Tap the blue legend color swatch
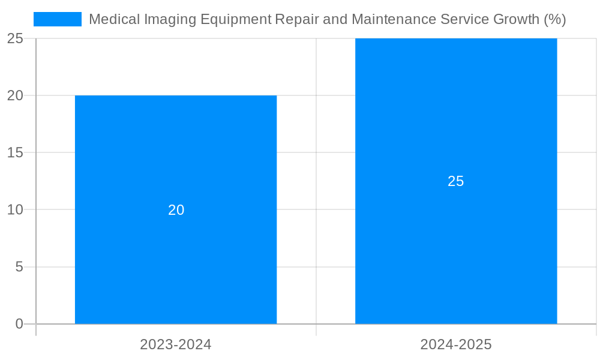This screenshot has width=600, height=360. (x=58, y=19)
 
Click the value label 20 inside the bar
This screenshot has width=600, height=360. (x=176, y=210)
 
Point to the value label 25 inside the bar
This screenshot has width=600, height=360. (x=456, y=181)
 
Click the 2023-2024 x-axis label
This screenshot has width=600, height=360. (x=176, y=344)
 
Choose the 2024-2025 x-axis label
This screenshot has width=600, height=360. (x=456, y=344)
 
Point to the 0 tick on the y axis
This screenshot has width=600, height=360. (x=19, y=324)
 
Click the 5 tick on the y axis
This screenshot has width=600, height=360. (x=19, y=267)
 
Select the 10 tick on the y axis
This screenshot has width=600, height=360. (x=15, y=210)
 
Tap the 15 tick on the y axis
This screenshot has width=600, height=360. (x=15, y=152)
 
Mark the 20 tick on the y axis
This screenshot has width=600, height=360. (x=15, y=95)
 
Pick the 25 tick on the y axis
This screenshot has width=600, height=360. (x=15, y=38)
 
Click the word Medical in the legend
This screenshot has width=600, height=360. (x=112, y=19)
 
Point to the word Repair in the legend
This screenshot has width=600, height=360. (x=296, y=20)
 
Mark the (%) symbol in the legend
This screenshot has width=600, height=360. (x=554, y=20)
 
